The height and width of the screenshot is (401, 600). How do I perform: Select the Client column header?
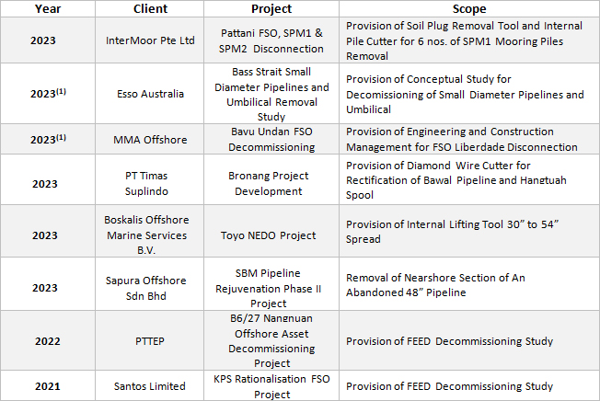click(x=150, y=8)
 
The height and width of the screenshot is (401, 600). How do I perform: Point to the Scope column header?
click(x=467, y=8)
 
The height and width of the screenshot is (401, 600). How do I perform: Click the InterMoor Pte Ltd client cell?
click(x=150, y=40)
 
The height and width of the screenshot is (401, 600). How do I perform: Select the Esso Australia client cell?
click(x=150, y=93)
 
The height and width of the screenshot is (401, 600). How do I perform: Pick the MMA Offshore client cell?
click(x=150, y=140)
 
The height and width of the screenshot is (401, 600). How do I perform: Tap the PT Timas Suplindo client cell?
click(x=150, y=179)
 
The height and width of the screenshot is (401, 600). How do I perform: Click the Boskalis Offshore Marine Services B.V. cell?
click(x=150, y=231)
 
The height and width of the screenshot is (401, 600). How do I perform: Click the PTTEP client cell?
click(x=150, y=341)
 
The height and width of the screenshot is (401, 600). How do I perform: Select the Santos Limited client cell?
click(x=150, y=386)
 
